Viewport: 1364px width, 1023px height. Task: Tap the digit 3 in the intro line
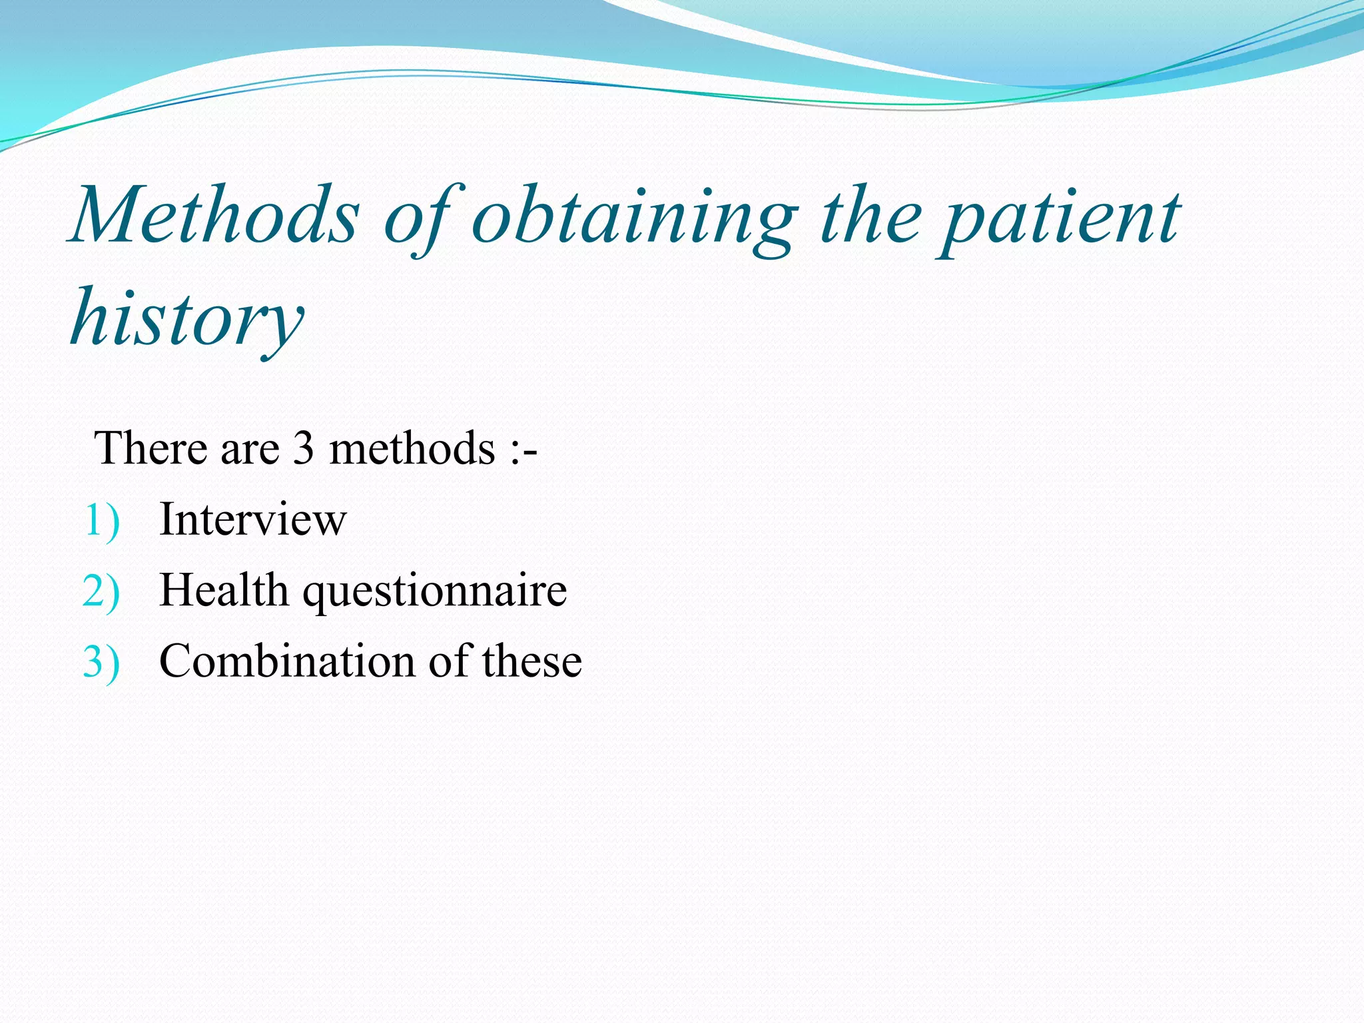304,448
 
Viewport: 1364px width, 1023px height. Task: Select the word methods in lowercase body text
412,448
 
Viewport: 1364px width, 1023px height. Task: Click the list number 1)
102,520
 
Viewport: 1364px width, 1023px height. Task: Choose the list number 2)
101,591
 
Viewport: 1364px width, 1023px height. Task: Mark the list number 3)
101,663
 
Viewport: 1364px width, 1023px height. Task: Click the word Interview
252,519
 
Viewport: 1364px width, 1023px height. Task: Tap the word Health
224,590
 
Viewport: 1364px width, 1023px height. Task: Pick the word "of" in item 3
450,661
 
